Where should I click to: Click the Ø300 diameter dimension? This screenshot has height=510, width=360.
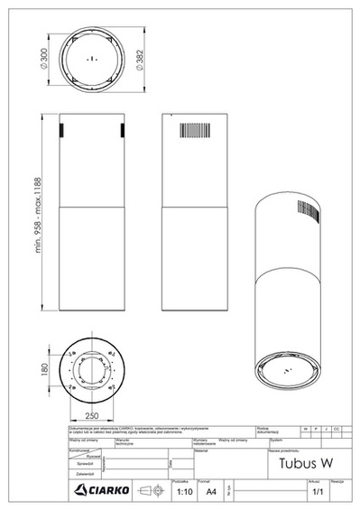(44, 58)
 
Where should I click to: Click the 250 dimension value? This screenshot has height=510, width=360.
(92, 416)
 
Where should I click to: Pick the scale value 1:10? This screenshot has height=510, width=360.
(185, 493)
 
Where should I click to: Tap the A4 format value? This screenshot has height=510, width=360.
(211, 493)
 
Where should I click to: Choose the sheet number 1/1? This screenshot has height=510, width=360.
(317, 494)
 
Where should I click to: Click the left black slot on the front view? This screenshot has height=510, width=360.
(60, 130)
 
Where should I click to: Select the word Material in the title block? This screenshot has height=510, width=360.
(200, 451)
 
